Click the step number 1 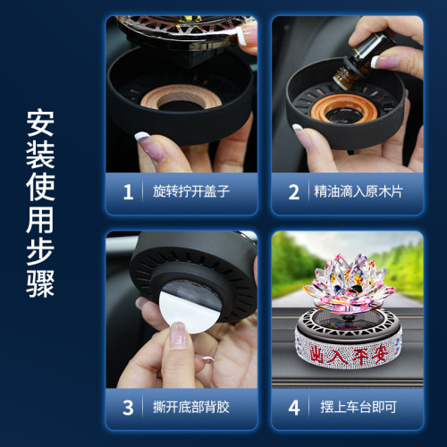pyautogui.click(x=128, y=190)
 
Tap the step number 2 pyautogui.click(x=293, y=190)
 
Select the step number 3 pyautogui.click(x=128, y=408)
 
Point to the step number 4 pyautogui.click(x=293, y=408)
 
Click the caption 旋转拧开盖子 pyautogui.click(x=185, y=191)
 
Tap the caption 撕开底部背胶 pyautogui.click(x=185, y=408)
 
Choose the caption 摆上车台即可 pyautogui.click(x=350, y=408)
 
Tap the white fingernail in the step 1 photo pyautogui.click(x=143, y=138)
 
